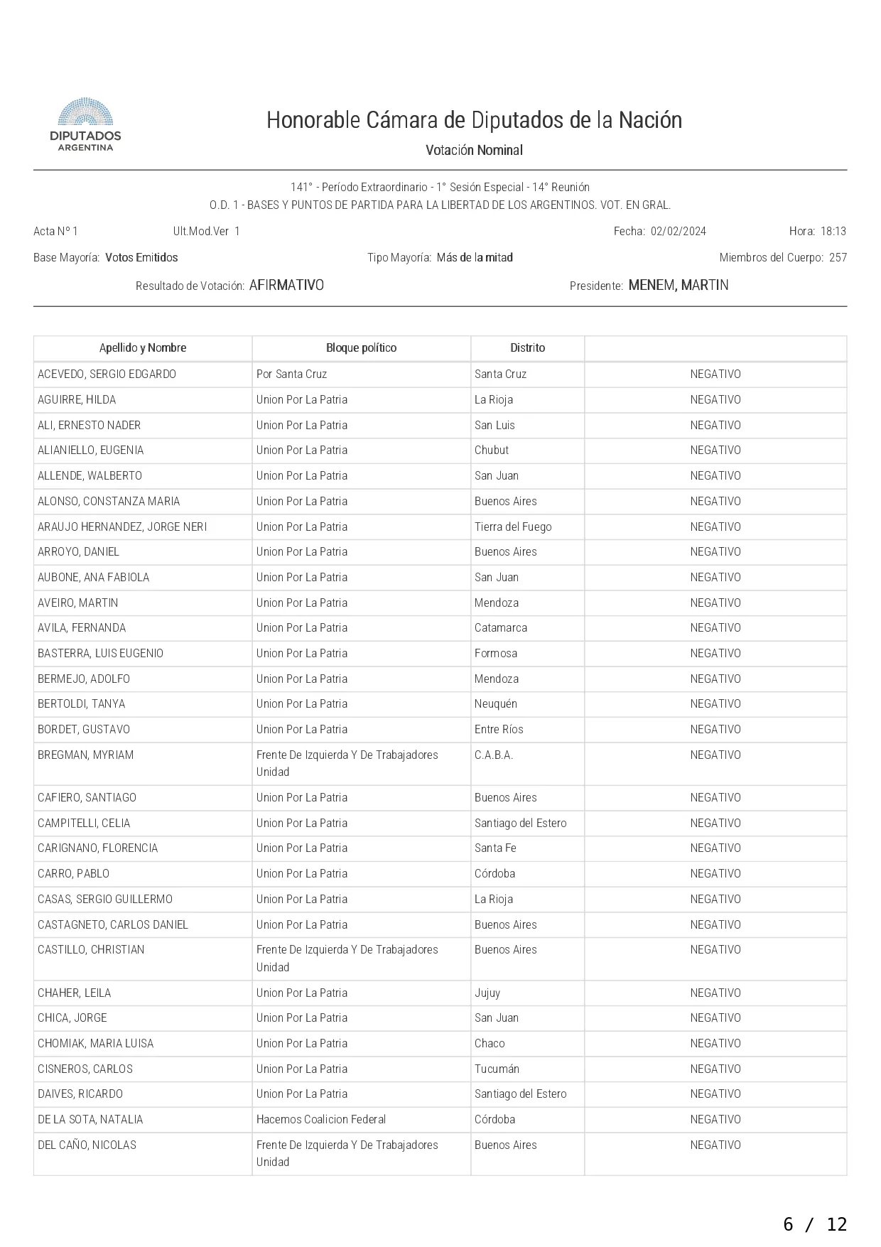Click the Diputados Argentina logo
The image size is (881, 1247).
pos(85,125)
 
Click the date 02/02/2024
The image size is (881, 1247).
pos(678,231)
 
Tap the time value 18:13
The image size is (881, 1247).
pos(833,231)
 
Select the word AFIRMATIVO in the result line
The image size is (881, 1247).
pos(286,285)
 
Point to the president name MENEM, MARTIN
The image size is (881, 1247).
pos(678,285)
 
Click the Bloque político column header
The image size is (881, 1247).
pos(361,347)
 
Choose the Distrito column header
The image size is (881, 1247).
pos(527,347)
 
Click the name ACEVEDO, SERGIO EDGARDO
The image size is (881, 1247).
pos(107,374)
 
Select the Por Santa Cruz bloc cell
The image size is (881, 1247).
pos(291,374)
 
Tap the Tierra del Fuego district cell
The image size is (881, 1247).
pos(513,527)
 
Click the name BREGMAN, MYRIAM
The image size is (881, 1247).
pos(85,755)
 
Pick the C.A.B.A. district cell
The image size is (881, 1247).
pos(494,755)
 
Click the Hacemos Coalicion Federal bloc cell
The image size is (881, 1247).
pos(320,1119)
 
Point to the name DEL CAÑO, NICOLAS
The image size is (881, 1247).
pos(87,1145)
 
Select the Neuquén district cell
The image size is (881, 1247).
pos(496,703)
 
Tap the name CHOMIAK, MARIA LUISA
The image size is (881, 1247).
pos(95,1043)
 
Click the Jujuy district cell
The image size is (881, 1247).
pos(487,993)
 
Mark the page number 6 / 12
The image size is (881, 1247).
pos(815,1224)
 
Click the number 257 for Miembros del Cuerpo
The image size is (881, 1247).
pos(838,257)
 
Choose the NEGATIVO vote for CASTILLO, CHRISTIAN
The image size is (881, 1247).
pos(715,949)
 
